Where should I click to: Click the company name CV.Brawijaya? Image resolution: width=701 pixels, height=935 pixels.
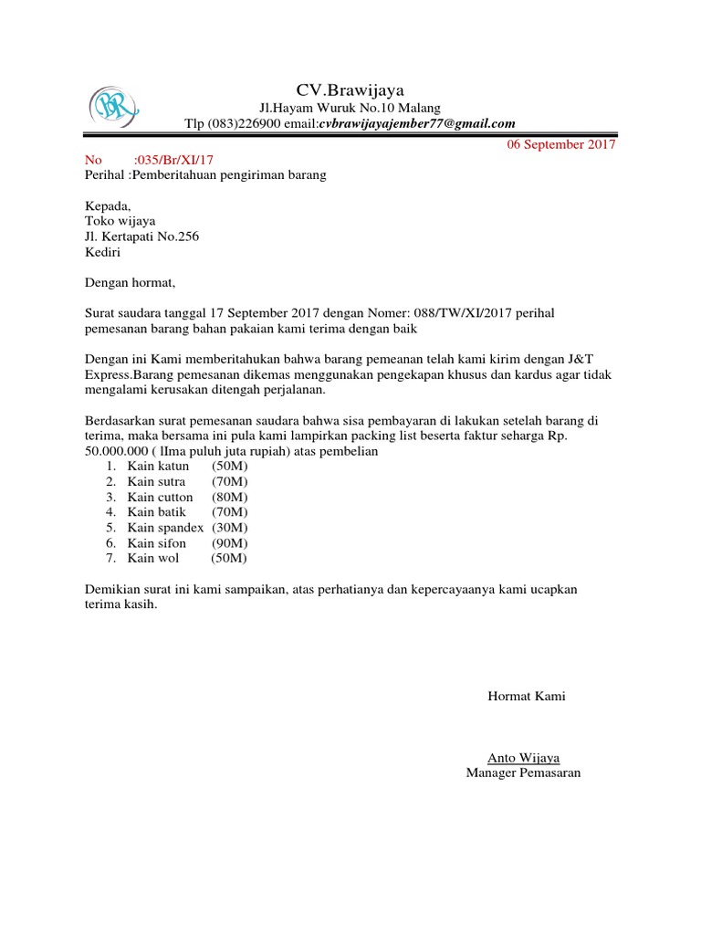350,89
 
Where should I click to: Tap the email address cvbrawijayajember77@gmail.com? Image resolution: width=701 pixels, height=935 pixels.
417,124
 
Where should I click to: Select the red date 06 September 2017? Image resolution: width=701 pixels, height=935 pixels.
561,144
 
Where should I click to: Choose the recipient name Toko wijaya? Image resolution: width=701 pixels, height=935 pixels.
120,221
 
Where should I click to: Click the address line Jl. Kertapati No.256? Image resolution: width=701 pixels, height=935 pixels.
141,236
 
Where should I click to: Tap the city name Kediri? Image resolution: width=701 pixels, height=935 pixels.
103,252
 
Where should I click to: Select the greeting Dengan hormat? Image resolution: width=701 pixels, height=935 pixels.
129,283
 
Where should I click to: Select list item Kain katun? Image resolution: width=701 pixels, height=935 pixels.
158,467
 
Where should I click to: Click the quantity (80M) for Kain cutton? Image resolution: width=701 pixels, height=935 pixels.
229,498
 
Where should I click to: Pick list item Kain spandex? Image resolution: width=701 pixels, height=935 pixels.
165,528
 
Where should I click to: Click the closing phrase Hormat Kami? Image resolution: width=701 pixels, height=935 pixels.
527,697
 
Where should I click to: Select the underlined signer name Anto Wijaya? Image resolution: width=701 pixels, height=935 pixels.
524,758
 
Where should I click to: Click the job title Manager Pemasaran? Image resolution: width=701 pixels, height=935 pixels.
523,772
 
